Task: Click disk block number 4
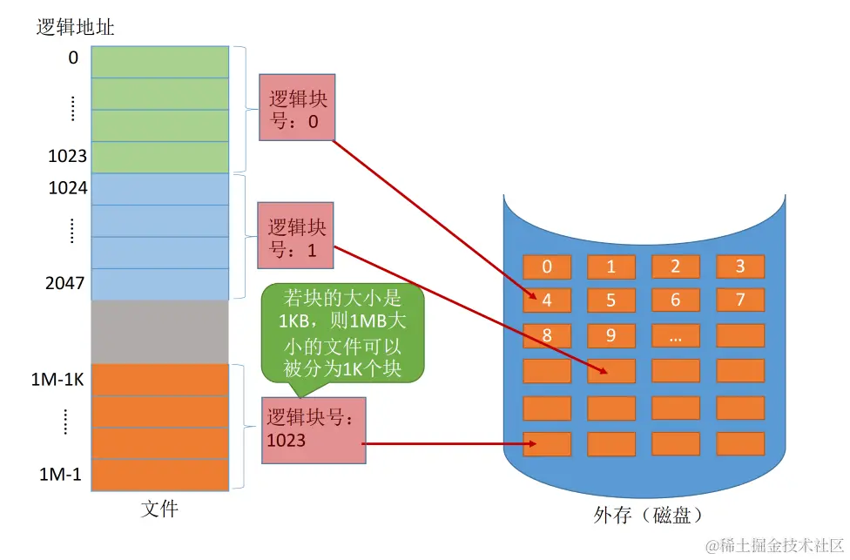click(x=547, y=300)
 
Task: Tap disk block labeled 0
click(x=547, y=267)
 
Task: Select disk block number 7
click(x=740, y=300)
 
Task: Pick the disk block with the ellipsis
click(x=676, y=335)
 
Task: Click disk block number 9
click(x=611, y=335)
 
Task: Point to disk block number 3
click(x=740, y=267)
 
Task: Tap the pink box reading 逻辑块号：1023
click(x=313, y=429)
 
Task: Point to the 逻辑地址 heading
click(x=76, y=27)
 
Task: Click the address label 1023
click(x=67, y=156)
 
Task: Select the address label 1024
click(x=67, y=187)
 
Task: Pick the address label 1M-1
click(x=60, y=475)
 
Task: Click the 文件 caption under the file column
click(x=159, y=509)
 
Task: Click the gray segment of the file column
click(x=159, y=331)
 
